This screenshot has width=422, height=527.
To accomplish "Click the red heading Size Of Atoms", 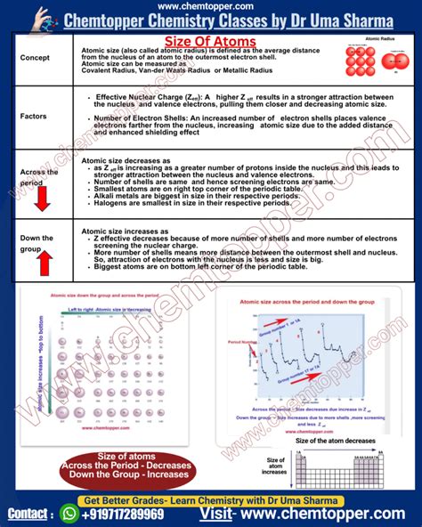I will pos(210,42).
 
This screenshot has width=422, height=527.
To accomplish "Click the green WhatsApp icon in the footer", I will pos(69,514).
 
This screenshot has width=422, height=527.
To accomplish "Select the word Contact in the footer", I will pos(29,515).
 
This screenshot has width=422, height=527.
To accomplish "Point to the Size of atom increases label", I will pos(276,466).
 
